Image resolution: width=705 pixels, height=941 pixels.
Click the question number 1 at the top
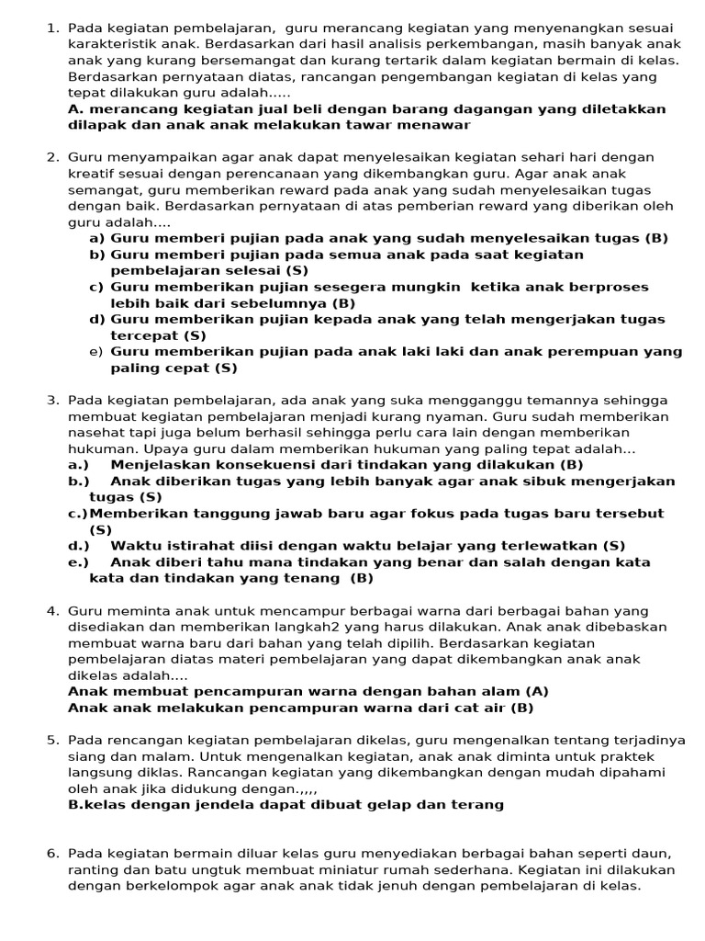[x=52, y=28]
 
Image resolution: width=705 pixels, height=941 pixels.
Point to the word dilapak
[x=95, y=124]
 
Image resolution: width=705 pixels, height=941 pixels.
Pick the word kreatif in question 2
[x=90, y=173]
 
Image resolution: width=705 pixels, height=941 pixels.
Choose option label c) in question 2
[x=95, y=287]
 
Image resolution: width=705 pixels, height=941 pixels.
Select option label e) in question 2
[x=95, y=352]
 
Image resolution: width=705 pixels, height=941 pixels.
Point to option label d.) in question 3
[x=78, y=546]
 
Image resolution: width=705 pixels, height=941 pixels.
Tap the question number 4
[x=52, y=610]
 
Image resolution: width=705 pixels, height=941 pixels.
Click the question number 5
[x=52, y=740]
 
